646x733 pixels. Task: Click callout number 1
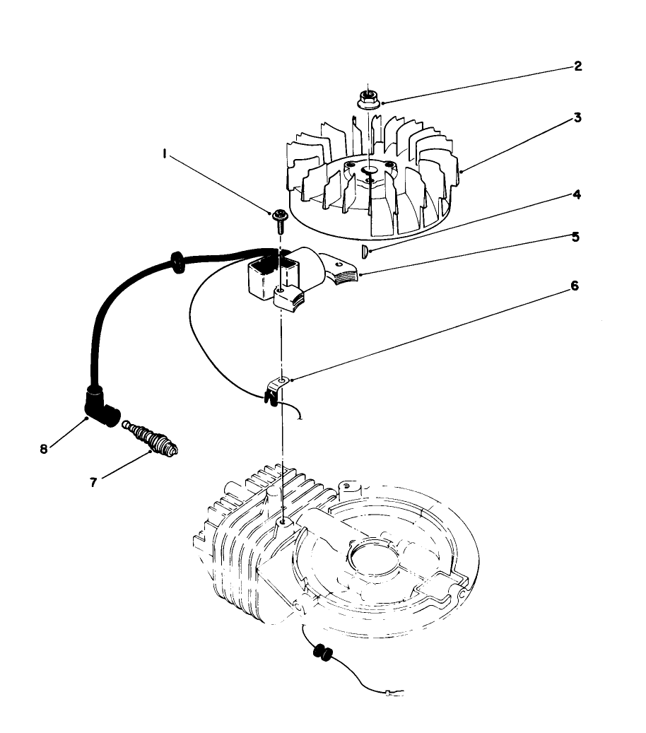[x=165, y=153]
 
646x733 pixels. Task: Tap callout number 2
[x=577, y=66]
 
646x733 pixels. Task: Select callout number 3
[x=577, y=118]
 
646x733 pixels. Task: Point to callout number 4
[x=577, y=194]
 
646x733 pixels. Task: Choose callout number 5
[x=576, y=237]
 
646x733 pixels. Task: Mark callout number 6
[x=575, y=286]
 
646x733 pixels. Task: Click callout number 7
[x=93, y=482]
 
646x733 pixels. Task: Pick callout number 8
[x=44, y=448]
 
